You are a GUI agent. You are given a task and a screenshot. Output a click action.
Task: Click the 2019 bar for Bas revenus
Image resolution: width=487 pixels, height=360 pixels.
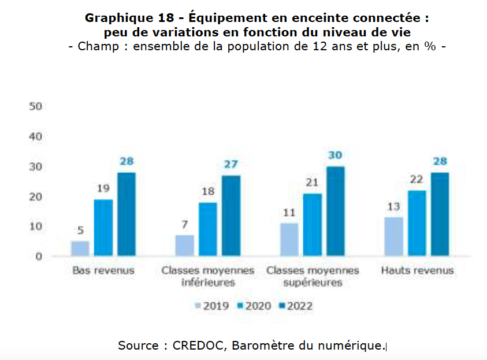click(80, 248)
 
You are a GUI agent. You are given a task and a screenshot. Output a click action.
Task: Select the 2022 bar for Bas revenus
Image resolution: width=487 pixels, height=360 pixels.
click(127, 214)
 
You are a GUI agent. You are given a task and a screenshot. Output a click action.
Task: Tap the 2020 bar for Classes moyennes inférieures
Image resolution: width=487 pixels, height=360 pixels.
click(208, 229)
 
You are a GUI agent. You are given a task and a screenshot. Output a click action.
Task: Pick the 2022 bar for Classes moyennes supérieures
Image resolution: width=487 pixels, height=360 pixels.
click(335, 211)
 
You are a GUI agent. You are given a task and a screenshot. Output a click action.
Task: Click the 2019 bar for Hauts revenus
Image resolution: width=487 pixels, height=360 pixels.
click(393, 236)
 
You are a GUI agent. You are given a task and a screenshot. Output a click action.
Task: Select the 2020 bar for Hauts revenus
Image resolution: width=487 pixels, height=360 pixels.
click(417, 223)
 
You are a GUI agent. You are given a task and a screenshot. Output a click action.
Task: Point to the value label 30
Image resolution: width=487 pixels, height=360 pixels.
click(336, 155)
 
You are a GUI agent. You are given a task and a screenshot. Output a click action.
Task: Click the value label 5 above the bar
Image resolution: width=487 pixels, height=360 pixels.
click(80, 231)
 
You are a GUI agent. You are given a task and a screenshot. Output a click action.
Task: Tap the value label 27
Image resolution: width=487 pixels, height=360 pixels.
click(231, 165)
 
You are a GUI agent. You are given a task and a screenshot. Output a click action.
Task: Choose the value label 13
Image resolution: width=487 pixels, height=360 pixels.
click(393, 207)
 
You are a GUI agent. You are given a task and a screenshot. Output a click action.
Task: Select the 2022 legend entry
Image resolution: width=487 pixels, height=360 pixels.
click(295, 306)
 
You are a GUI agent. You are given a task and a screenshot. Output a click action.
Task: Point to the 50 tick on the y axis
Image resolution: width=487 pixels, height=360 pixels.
click(36, 107)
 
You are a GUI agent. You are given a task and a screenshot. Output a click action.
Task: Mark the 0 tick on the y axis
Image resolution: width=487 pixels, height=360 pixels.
click(39, 257)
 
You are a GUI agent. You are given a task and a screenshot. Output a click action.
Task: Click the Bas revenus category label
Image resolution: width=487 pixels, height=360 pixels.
click(103, 270)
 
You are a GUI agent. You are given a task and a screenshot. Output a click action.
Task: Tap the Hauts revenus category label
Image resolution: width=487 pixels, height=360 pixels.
click(417, 270)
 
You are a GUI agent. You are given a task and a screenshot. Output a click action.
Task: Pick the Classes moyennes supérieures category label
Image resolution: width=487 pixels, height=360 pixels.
click(312, 276)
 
